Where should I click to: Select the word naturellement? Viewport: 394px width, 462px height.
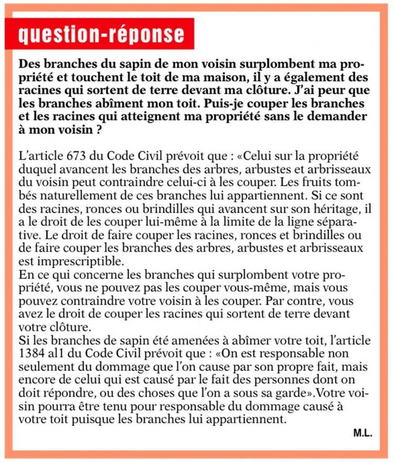tap(50, 196)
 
